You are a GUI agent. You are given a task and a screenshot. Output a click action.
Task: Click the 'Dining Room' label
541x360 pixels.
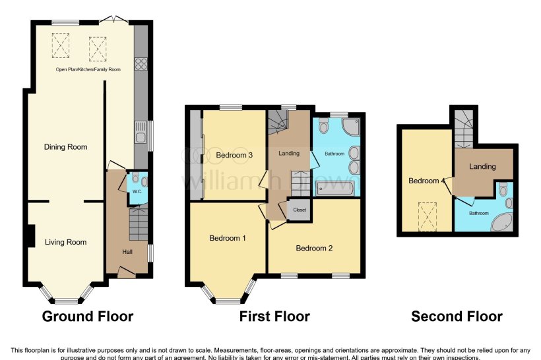(x=65, y=147)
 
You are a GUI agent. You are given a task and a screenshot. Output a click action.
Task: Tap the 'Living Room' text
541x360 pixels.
(x=65, y=242)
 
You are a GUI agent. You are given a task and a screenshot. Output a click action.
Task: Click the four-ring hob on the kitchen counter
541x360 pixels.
(x=141, y=64)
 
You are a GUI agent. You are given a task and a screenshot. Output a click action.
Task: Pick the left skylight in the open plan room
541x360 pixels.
(x=61, y=45)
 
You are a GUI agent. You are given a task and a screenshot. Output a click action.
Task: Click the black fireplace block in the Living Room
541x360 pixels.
(x=31, y=235)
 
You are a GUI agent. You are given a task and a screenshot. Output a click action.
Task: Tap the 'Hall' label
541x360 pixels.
(x=127, y=251)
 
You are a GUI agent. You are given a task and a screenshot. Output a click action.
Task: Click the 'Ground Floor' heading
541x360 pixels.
(x=88, y=316)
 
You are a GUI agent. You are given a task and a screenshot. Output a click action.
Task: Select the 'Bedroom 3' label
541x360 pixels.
(x=234, y=156)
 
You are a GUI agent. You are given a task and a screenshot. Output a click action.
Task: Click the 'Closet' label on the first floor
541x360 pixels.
(x=300, y=210)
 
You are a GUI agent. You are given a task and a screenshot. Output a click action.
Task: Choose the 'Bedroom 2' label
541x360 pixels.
(x=314, y=249)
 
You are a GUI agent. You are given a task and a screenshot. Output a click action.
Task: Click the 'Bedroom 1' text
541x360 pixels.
(x=228, y=238)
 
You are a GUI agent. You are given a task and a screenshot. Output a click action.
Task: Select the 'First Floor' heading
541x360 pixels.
(x=274, y=316)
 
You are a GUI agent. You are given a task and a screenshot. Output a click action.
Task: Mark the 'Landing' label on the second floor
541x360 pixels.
(x=482, y=166)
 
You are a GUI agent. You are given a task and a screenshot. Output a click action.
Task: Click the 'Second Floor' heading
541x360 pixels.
(x=457, y=316)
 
